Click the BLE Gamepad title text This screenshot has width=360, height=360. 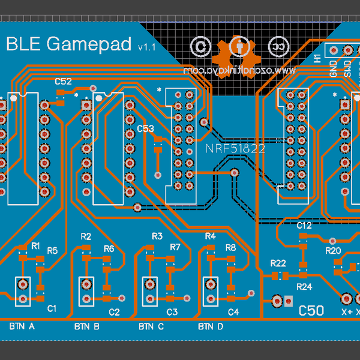tap(69, 44)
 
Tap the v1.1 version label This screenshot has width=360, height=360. tap(146, 47)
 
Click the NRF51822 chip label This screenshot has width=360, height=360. tap(235, 149)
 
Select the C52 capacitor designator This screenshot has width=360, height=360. tap(64, 81)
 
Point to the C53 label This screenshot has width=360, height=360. tap(145, 128)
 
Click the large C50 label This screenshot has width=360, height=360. tap(311, 310)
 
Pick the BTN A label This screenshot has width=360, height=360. tap(22, 327)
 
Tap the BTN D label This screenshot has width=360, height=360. tap(211, 327)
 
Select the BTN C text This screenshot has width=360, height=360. tap(151, 327)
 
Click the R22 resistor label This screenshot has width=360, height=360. tap(278, 263)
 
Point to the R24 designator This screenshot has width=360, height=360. tap(305, 286)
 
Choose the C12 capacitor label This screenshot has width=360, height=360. tap(304, 226)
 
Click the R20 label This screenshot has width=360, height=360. tap(332, 251)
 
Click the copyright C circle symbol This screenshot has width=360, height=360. tap(200, 46)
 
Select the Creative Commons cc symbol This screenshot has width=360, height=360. tap(277, 46)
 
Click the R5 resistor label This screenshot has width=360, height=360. tap(52, 251)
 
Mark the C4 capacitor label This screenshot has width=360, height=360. tap(233, 312)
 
